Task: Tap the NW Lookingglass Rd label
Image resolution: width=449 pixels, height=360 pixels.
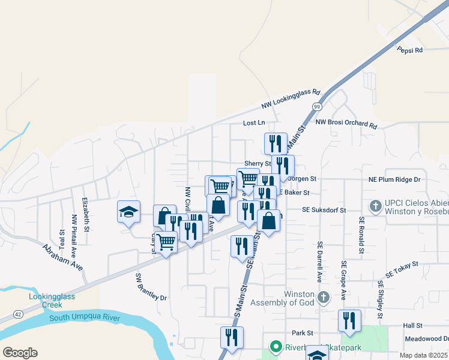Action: [x=291, y=100]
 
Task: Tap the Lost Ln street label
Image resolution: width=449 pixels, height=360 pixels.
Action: [x=253, y=123]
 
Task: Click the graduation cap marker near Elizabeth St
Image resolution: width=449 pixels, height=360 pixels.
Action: [x=128, y=212]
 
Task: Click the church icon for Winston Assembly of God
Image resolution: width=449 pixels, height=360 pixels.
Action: [x=324, y=297]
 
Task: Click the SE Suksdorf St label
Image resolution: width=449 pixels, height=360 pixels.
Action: [x=324, y=210]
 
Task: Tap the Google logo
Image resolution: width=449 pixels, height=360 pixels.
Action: [x=20, y=352]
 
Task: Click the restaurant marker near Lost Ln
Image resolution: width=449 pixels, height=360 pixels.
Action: [x=276, y=143]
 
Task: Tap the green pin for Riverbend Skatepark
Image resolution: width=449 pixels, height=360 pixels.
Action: [x=276, y=346]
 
